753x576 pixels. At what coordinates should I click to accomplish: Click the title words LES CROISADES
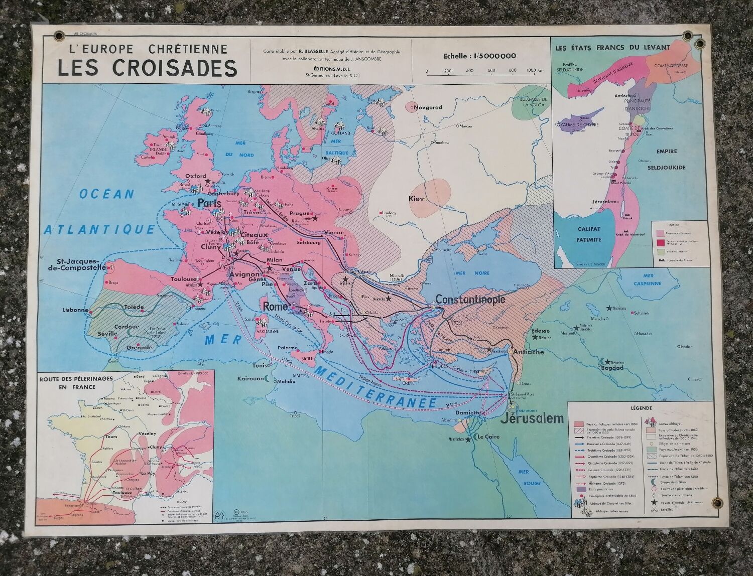(147, 68)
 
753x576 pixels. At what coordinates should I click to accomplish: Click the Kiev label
(417, 199)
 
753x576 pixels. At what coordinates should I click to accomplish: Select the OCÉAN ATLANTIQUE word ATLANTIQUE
(99, 230)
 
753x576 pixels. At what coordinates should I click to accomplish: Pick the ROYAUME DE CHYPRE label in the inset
(576, 124)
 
